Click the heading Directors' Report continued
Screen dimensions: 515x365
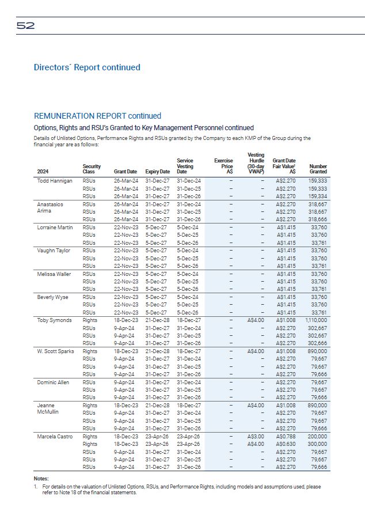[87, 67]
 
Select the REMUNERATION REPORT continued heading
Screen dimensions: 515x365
[97, 116]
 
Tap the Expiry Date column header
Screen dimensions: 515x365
[157, 172]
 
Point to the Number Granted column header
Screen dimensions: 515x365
[318, 169]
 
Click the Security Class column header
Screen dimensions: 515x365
[92, 169]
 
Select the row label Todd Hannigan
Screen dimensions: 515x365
[55, 181]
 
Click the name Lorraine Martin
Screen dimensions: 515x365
[55, 227]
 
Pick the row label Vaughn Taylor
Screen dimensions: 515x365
[54, 251]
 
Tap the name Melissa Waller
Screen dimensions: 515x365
[55, 274]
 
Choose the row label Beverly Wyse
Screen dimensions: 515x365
[53, 297]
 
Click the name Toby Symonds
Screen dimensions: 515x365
[54, 320]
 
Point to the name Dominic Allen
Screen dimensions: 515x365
[54, 382]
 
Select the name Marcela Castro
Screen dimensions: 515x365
[55, 437]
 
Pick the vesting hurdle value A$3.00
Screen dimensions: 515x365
[254, 437]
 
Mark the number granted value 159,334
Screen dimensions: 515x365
[318, 196]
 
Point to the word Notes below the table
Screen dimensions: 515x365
[42, 479]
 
